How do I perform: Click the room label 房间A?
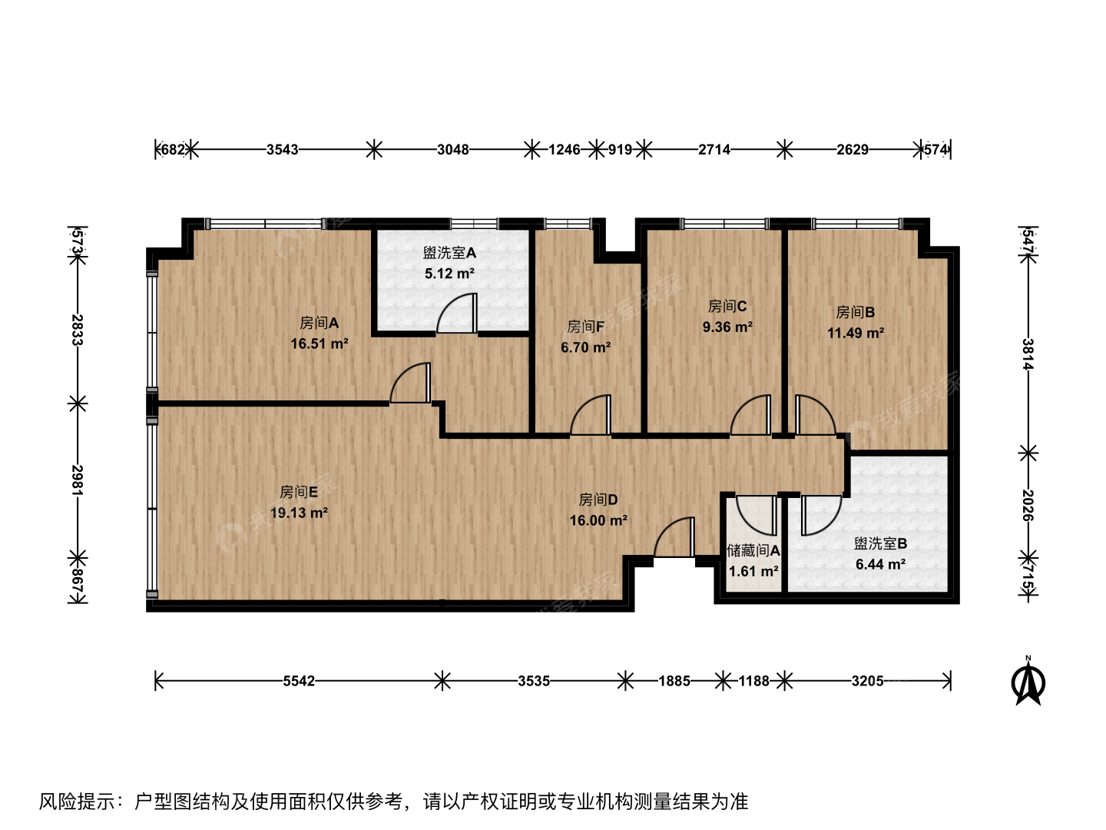tap(319, 323)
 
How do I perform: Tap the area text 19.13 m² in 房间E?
tap(299, 513)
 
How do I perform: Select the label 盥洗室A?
tap(449, 253)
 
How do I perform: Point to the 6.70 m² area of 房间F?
tap(585, 347)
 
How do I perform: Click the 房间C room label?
tap(727, 306)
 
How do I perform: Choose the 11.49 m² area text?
tap(856, 333)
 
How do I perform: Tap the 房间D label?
tap(598, 500)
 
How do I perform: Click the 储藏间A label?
tap(753, 550)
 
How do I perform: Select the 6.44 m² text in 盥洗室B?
tap(880, 564)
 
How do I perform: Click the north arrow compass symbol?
tap(1028, 682)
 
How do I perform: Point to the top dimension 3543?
tap(282, 150)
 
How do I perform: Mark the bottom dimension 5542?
tap(299, 682)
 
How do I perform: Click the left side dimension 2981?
tap(77, 480)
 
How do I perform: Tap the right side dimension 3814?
tap(1028, 354)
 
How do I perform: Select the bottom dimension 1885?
tap(674, 682)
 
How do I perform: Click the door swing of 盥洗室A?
tap(456, 314)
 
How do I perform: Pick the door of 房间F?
tap(591, 414)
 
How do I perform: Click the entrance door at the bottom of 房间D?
tap(674, 537)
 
